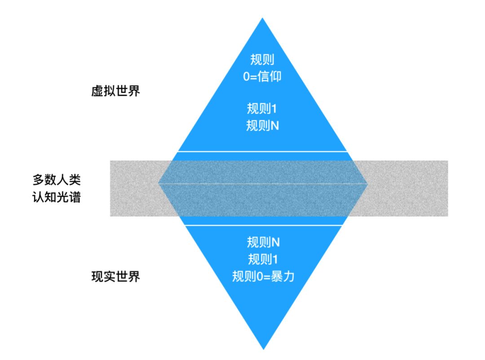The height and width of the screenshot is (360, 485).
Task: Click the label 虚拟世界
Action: coord(115,92)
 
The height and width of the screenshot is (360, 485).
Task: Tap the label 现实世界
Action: coord(115,276)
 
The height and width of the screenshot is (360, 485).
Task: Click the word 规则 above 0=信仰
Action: coord(263,60)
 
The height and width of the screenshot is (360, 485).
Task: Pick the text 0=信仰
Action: coord(263,76)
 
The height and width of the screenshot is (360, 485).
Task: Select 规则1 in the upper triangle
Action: coord(263,109)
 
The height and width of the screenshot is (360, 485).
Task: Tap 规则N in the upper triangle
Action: coord(263,125)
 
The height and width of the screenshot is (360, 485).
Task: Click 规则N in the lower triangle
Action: coord(263,243)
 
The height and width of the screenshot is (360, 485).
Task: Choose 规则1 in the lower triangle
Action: coord(263,259)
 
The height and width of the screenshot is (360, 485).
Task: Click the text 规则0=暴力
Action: coord(263,276)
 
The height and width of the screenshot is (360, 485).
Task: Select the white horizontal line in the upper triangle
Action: coord(263,151)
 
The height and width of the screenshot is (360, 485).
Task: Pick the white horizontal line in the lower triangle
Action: coord(263,225)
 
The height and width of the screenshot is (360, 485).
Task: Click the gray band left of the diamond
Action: coord(134,188)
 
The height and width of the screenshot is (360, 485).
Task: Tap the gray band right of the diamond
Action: coord(406,188)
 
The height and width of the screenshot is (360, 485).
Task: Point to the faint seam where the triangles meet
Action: coord(263,184)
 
